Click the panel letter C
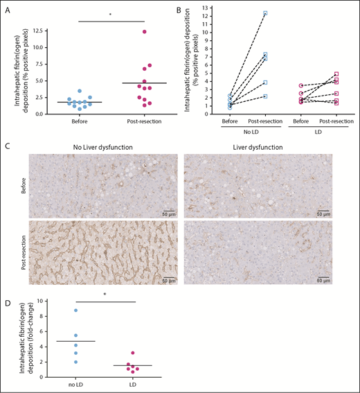tap(7, 146)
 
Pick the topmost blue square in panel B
tap(264, 13)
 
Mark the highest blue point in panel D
tap(75, 310)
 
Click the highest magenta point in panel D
tap(132, 353)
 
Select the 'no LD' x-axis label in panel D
tap(75, 385)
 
